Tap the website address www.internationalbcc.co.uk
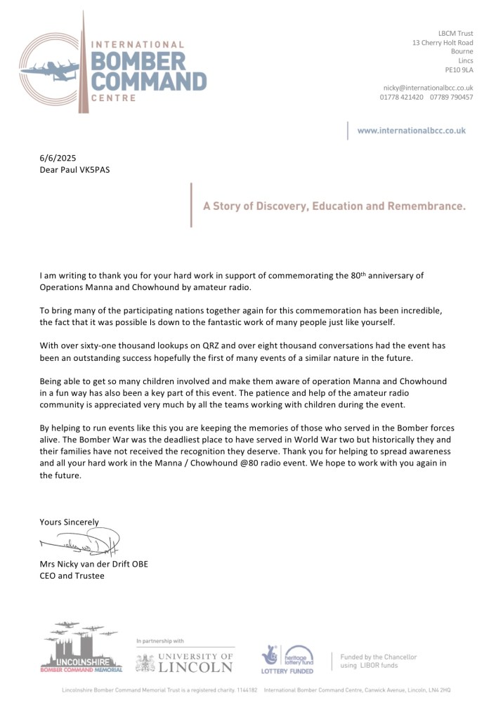(411, 131)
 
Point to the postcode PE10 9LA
(459, 70)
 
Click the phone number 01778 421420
(402, 97)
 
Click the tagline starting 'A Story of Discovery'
(334, 206)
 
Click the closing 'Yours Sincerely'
(69, 522)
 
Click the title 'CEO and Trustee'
(72, 576)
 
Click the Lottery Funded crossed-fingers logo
(272, 656)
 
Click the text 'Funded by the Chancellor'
(379, 657)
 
